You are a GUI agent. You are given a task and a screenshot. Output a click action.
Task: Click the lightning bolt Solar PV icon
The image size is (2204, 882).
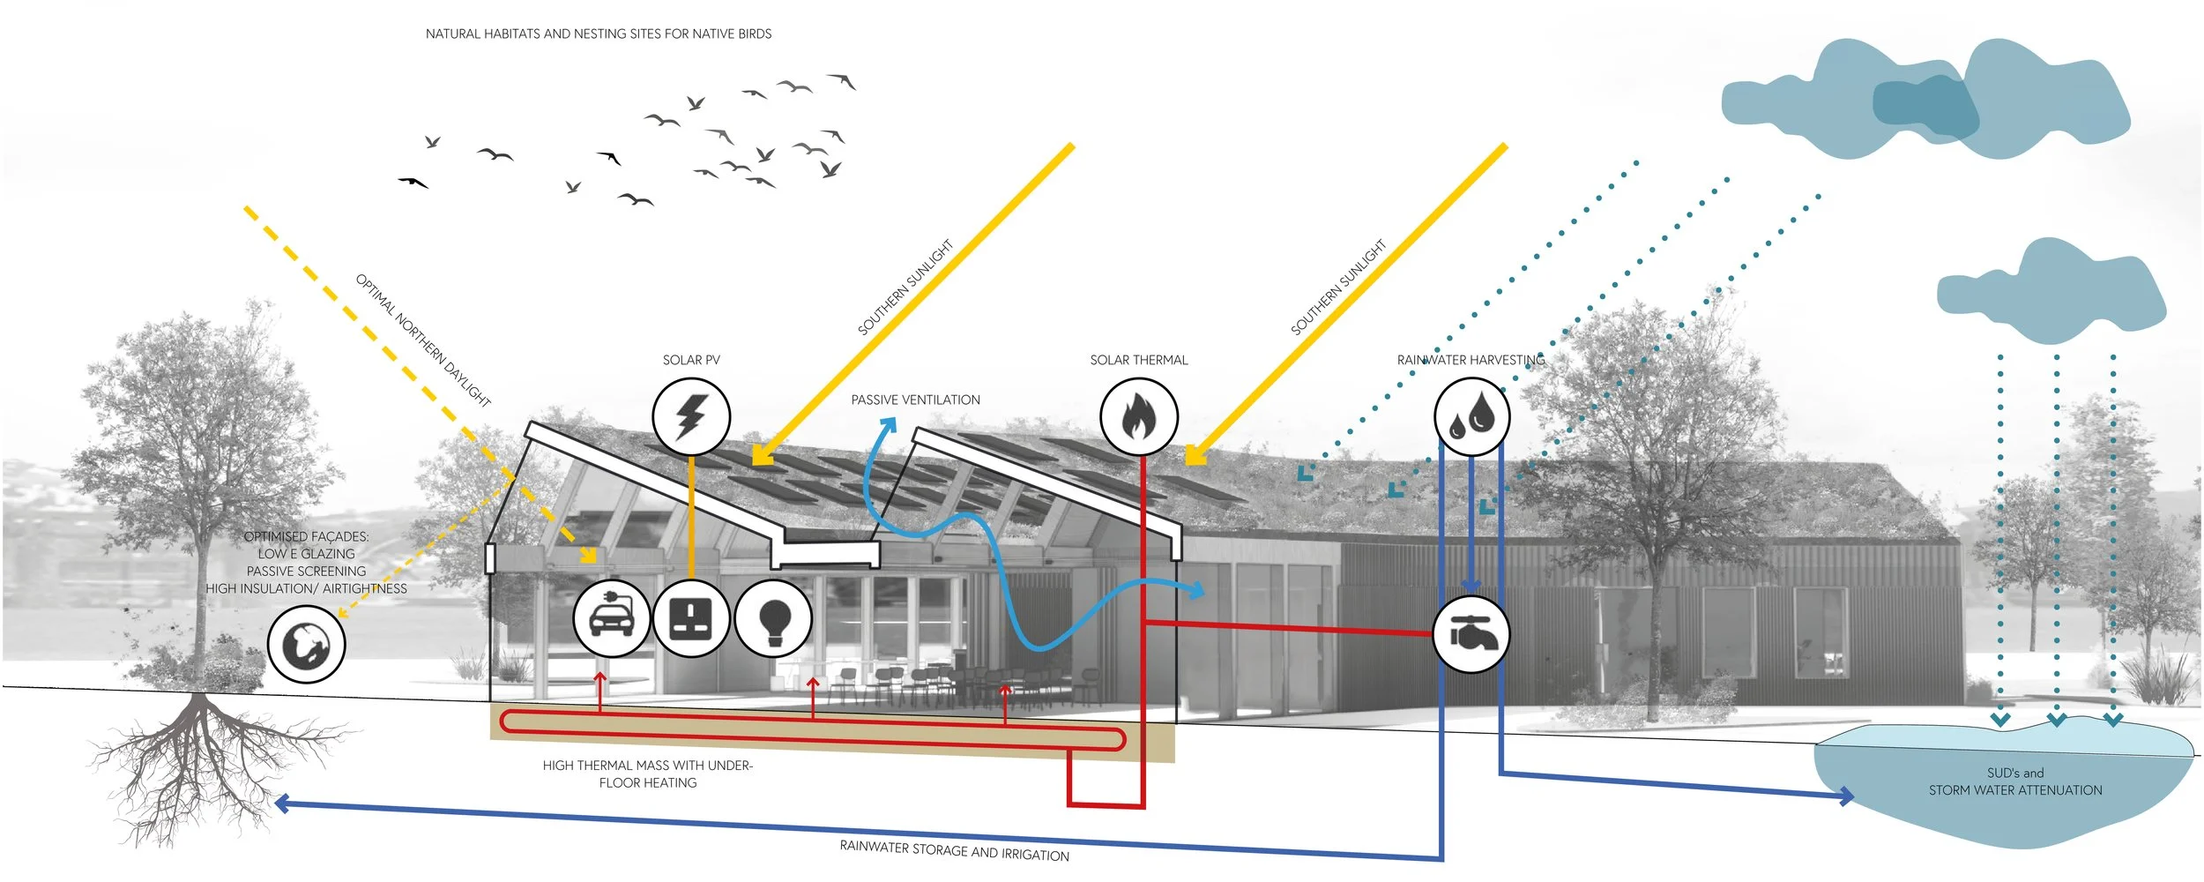point(691,416)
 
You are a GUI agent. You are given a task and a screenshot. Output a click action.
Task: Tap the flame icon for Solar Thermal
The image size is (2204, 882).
point(1139,416)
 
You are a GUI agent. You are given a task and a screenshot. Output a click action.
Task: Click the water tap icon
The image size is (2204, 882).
point(1471,634)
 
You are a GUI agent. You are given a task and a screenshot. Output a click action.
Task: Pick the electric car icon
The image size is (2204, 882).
point(612,618)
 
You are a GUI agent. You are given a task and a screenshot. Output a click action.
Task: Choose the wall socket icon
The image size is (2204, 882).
point(691,618)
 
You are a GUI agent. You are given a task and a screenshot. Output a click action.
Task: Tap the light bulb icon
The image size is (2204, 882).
point(773,618)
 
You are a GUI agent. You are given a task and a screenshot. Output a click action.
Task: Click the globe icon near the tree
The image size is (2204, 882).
point(306,645)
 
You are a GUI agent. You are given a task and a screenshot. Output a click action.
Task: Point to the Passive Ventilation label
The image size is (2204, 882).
point(915,400)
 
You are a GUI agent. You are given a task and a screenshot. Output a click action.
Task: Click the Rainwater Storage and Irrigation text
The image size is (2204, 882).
point(954,850)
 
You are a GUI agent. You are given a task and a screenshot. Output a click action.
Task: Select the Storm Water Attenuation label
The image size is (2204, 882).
point(2015,790)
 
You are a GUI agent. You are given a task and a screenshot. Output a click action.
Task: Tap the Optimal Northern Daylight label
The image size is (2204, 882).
point(423,340)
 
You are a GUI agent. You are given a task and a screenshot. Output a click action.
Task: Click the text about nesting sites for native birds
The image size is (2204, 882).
point(599,34)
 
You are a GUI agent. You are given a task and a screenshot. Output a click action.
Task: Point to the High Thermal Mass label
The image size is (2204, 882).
point(647,766)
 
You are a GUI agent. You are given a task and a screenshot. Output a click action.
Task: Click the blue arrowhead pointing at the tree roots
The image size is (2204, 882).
point(282,803)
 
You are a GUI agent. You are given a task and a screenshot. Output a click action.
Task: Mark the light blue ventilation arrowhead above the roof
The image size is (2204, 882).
point(889,426)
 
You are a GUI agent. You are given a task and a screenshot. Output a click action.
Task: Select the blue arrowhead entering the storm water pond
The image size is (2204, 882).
point(1844,796)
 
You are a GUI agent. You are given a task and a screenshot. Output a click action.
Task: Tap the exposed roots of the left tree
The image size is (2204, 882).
point(203,759)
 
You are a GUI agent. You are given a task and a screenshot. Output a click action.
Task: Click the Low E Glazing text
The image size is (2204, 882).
point(306,554)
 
